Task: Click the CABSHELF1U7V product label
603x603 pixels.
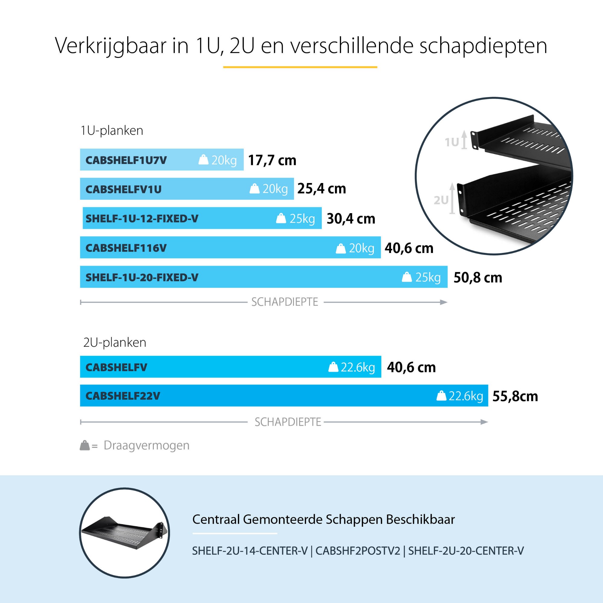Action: pos(126,160)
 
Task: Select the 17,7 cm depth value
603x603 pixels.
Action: pos(272,160)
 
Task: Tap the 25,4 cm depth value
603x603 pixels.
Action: pos(321,189)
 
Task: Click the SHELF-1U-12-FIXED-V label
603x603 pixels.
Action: pos(142,219)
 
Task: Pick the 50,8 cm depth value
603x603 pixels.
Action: pos(478,277)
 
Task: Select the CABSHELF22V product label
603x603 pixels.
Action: pos(123,396)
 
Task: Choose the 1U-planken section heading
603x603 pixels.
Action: pos(112,131)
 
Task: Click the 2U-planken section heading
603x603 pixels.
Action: pos(115,343)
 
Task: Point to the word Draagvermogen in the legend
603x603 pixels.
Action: pos(147,445)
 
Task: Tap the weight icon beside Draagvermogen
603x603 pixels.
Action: pos(85,445)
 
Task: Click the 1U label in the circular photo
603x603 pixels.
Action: pos(452,142)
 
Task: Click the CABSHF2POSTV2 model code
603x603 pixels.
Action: pos(358,551)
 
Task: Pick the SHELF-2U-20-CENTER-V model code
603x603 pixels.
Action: pos(466,551)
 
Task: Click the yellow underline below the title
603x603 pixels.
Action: pos(300,67)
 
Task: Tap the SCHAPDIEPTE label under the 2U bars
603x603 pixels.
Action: pos(288,422)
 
